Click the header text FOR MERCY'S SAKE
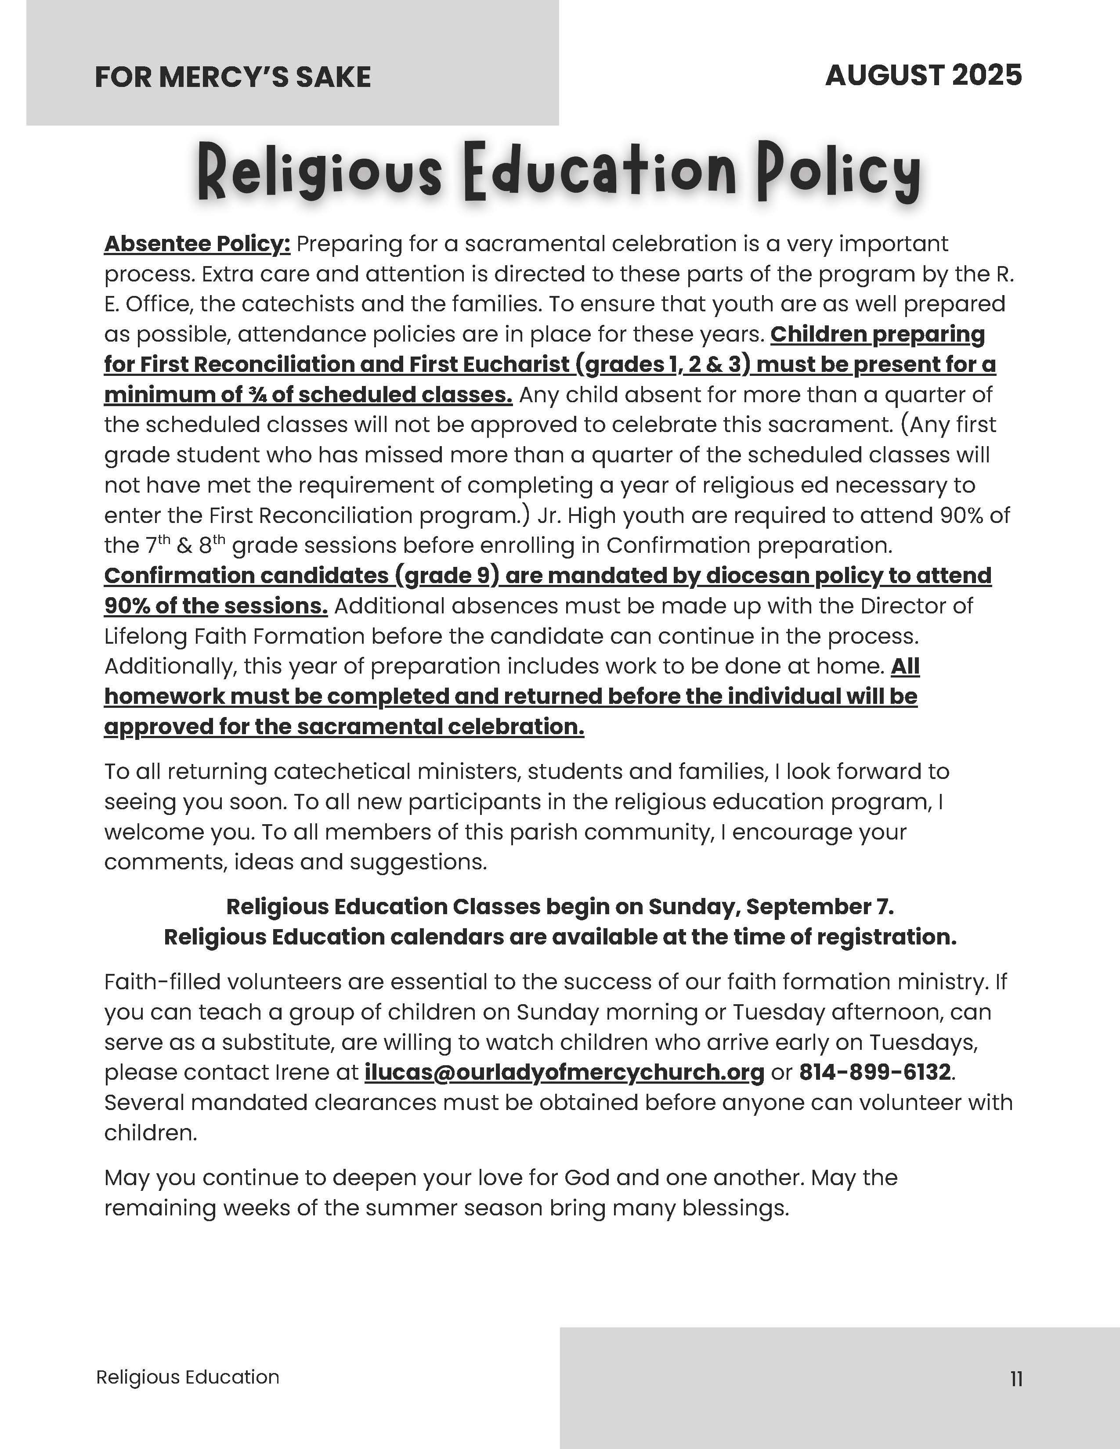(232, 77)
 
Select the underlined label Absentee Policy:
(197, 244)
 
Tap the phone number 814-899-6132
(874, 1072)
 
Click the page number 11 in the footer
(1016, 1379)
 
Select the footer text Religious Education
(188, 1377)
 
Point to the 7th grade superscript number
(152, 545)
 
